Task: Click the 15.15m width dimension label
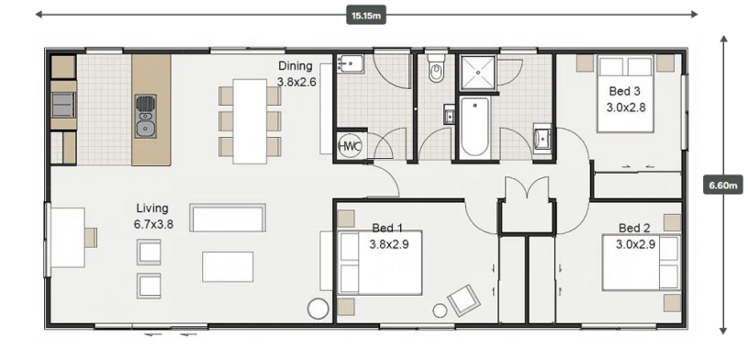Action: click(x=366, y=15)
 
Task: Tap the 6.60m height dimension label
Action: click(x=723, y=185)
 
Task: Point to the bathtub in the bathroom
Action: click(x=474, y=127)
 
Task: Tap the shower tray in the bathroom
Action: click(x=477, y=73)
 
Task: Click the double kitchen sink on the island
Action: click(x=146, y=117)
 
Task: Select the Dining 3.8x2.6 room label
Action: click(x=296, y=73)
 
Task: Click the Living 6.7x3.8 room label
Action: click(x=153, y=216)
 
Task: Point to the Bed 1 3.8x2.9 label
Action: click(x=388, y=236)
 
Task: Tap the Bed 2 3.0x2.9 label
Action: click(x=635, y=236)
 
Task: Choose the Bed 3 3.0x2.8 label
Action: click(x=625, y=99)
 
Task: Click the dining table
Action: click(x=250, y=121)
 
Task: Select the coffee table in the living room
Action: click(x=228, y=266)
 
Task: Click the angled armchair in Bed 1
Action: click(x=463, y=300)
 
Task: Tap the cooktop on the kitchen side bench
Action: click(x=63, y=105)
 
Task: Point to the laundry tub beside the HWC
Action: click(x=351, y=64)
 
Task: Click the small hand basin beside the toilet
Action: click(x=450, y=115)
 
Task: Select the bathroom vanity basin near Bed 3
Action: click(x=542, y=137)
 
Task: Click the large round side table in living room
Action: click(x=318, y=309)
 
